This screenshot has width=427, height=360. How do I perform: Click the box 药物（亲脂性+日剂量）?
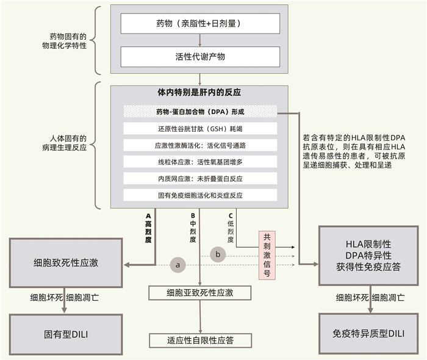coord(200,24)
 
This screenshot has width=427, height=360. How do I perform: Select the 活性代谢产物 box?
coord(200,57)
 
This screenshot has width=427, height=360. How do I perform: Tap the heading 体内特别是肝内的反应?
coord(199,93)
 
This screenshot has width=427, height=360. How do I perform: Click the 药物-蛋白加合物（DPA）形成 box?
coord(199,112)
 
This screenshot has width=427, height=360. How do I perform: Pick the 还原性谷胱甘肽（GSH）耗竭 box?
coord(199,129)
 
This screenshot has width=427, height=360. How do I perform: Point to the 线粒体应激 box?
coord(199,162)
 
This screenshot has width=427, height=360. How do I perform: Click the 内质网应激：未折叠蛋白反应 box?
coord(199,178)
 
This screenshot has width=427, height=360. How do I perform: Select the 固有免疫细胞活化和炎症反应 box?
coord(199,195)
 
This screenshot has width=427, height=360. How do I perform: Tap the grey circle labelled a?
coord(178,265)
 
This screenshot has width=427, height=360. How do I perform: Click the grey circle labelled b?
coord(218,254)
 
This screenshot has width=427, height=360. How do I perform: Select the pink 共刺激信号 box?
coord(266,255)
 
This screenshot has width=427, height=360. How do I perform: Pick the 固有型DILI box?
coord(66,334)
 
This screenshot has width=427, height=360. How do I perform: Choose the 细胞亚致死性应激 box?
coord(200,293)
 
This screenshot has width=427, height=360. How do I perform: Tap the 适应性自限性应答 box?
coord(200,340)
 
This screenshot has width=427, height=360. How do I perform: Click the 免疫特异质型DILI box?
coord(368,334)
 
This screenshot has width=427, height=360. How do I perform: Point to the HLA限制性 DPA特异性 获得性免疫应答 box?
coord(368,255)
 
